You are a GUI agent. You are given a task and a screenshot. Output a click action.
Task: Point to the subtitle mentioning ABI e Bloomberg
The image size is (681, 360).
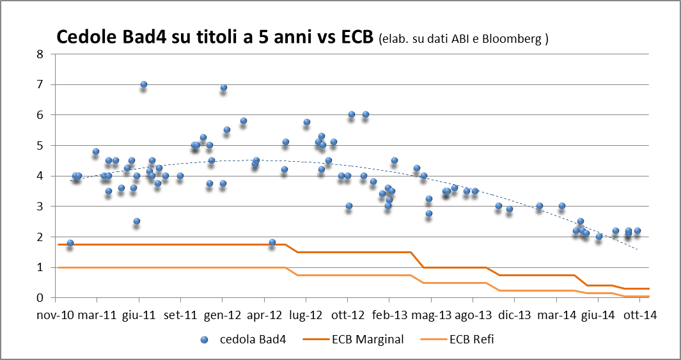tap(464, 39)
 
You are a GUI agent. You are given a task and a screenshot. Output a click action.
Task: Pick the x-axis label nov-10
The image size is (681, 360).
tap(56, 315)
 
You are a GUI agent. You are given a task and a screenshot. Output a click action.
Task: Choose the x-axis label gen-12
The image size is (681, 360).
tap(223, 315)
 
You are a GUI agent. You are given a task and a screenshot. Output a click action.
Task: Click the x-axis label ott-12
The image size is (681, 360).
tap(348, 315)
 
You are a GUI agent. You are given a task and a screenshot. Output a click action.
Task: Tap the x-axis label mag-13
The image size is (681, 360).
tap(431, 315)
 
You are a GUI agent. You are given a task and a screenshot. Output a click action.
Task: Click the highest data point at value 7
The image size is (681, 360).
tap(144, 84)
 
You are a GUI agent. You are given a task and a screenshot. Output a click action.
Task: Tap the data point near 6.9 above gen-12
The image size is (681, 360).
tap(224, 88)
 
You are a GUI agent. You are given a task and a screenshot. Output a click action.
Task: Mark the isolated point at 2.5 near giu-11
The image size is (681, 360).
tap(136, 221)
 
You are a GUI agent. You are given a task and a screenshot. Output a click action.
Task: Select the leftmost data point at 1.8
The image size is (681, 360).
tap(70, 243)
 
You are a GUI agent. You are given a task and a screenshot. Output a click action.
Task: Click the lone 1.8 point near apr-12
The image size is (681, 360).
tap(272, 242)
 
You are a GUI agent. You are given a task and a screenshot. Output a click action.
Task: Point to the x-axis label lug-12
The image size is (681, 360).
tap(306, 315)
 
